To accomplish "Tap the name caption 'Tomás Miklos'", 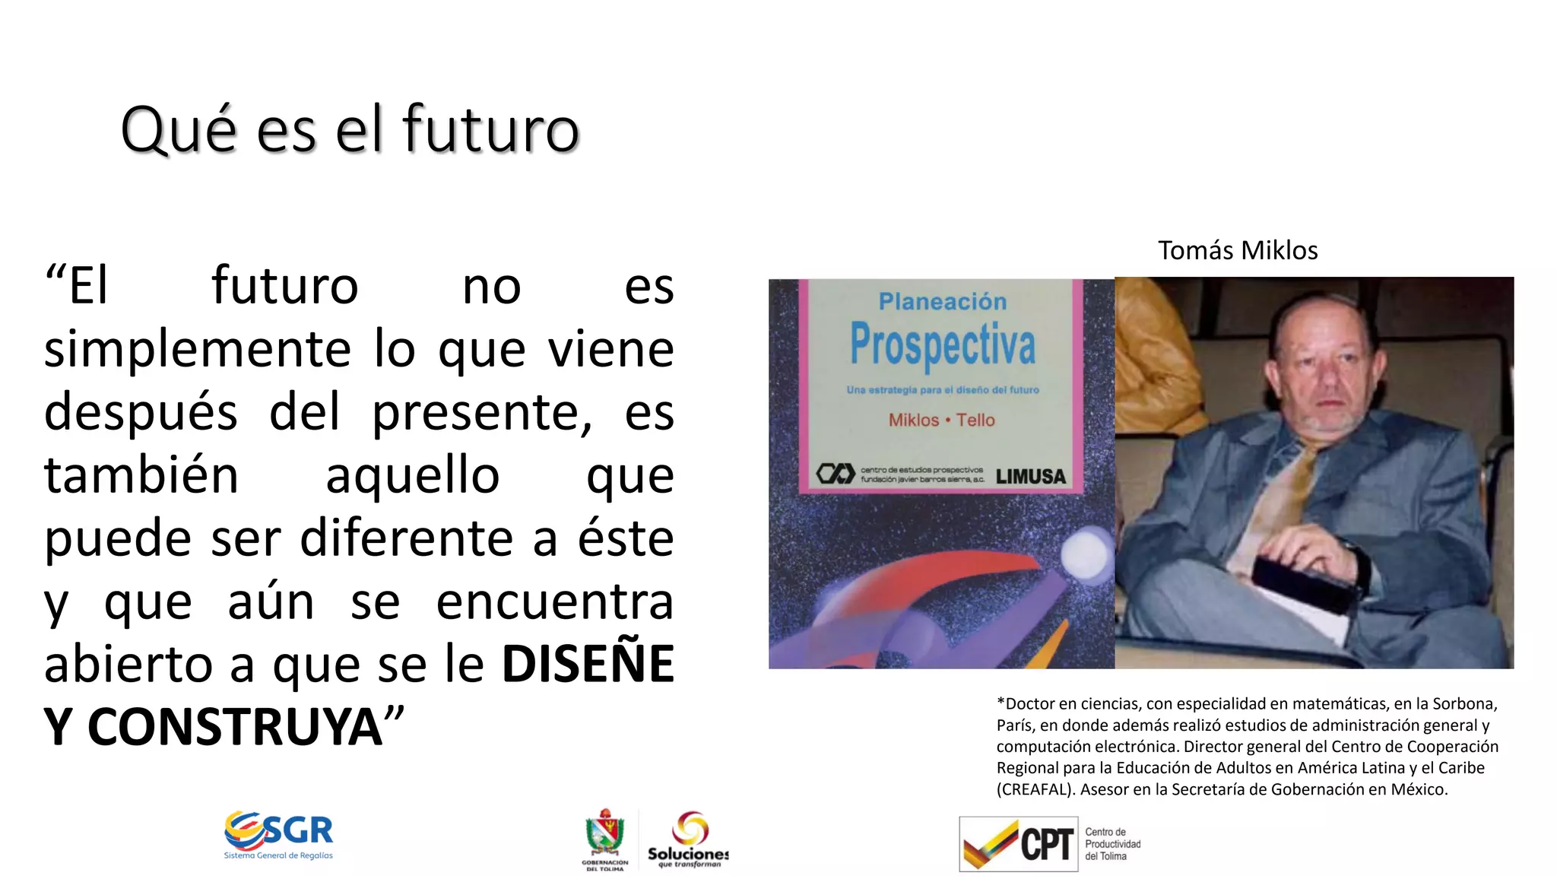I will tap(1238, 250).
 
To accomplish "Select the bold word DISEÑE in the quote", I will tap(588, 664).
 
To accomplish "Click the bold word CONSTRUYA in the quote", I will tap(235, 727).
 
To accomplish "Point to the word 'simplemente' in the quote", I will tap(197, 350).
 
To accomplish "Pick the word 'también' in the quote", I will tap(141, 475).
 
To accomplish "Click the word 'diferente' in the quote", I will tap(406, 538).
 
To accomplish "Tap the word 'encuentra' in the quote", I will tap(554, 601).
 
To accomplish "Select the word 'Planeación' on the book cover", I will tap(942, 302).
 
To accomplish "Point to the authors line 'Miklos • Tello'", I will tap(941, 420).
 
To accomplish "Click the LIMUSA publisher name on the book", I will tap(1030, 477).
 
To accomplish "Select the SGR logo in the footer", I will tap(279, 835).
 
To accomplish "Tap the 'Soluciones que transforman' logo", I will tap(688, 838).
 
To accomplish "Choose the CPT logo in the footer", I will tap(1019, 843).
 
